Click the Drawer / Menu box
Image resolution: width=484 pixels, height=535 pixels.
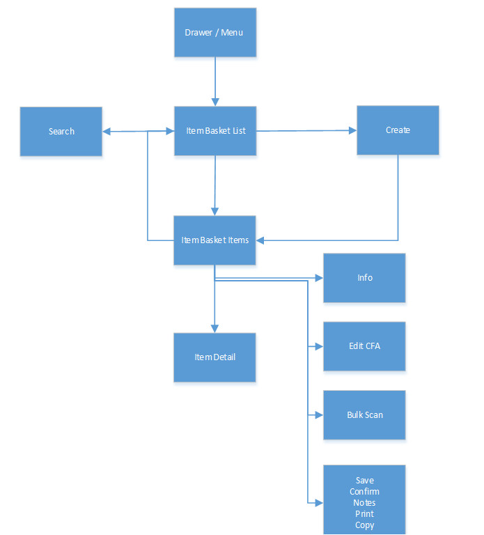[214, 32]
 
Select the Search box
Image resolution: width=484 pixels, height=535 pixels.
[61, 131]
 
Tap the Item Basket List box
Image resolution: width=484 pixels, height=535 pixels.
[214, 131]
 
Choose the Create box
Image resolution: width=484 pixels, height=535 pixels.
[398, 130]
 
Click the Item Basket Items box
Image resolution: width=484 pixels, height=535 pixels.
[214, 240]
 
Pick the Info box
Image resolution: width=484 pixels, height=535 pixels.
[364, 277]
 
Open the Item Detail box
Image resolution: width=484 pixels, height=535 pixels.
[214, 357]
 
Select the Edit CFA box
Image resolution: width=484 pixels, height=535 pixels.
[364, 346]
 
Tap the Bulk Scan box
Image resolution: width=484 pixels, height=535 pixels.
[364, 414]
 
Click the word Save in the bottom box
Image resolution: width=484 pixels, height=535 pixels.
[364, 481]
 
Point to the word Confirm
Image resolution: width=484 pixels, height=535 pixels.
[364, 492]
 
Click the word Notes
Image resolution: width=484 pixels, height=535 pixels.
[364, 503]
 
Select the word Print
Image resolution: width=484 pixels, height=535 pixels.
[364, 514]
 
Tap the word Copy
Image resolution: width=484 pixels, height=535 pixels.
[364, 525]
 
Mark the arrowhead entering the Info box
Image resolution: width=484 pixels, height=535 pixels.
[319, 277]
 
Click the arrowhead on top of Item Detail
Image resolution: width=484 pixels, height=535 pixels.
[214, 328]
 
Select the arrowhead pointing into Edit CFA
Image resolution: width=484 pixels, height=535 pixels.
[319, 346]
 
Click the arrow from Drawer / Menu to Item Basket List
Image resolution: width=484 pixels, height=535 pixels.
[214, 80]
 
